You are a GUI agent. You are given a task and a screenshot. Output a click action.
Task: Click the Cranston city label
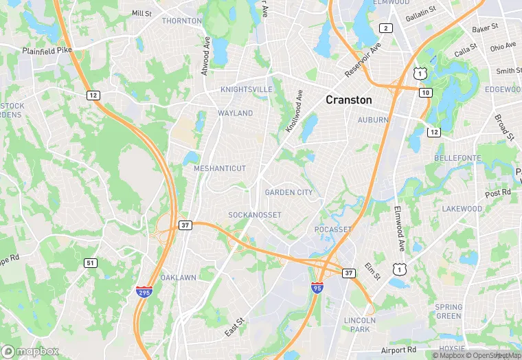(348, 100)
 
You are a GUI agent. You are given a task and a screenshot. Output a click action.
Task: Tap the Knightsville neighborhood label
(246, 90)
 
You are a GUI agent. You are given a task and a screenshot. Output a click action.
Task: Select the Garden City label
(288, 192)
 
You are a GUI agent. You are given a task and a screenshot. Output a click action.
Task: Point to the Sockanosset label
(255, 215)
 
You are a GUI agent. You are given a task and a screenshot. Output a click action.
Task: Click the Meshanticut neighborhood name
(220, 168)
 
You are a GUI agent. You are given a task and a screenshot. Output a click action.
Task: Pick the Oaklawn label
(178, 278)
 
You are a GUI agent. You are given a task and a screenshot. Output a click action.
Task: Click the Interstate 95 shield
(317, 287)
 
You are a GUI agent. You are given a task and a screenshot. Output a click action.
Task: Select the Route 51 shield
(91, 262)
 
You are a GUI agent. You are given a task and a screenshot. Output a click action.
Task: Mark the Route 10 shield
(426, 92)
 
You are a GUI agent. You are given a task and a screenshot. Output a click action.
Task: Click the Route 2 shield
(386, 28)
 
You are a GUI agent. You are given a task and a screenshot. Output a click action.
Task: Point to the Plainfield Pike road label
(47, 51)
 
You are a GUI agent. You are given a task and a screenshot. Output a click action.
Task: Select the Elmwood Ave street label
(401, 227)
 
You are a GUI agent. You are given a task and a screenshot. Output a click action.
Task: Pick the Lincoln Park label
(360, 324)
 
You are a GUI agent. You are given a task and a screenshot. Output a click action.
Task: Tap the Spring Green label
(449, 311)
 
